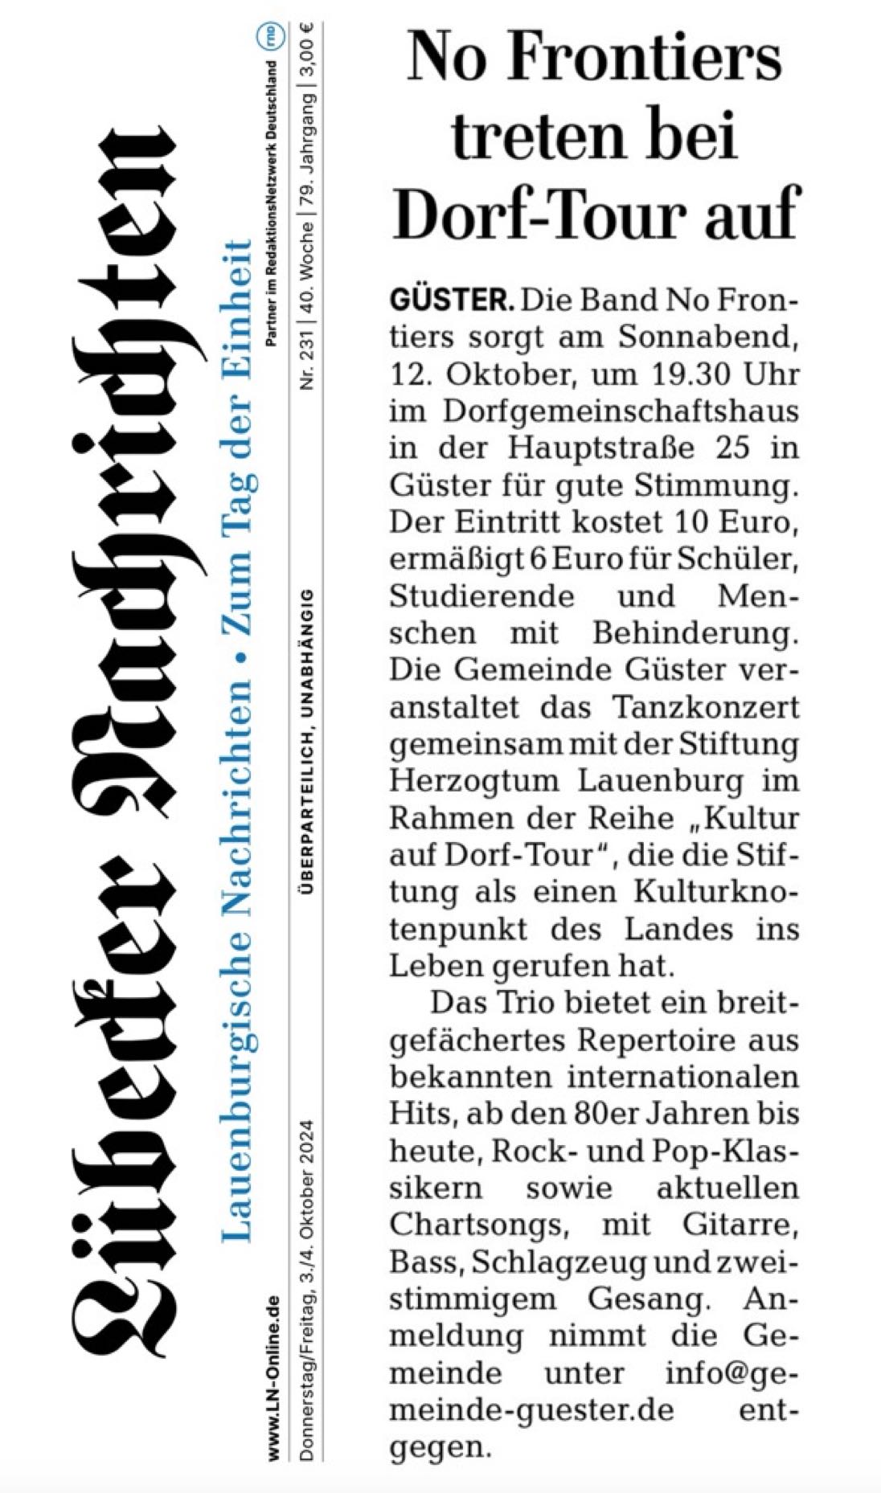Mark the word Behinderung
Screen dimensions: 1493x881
point(696,633)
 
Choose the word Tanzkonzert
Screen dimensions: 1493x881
point(706,707)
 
